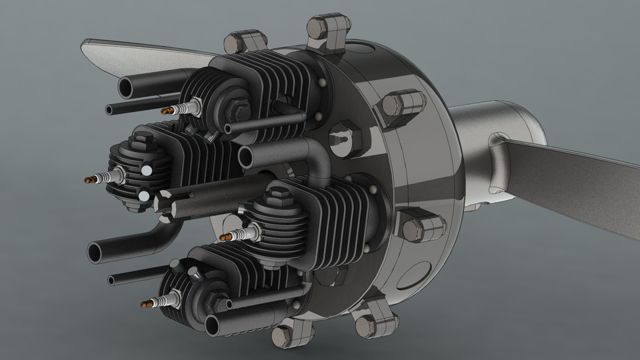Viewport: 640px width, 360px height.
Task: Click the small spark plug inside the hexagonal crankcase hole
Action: [x=342, y=138]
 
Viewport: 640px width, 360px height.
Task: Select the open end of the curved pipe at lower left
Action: [x=97, y=252]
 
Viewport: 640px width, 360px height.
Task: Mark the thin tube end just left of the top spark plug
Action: [x=110, y=108]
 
